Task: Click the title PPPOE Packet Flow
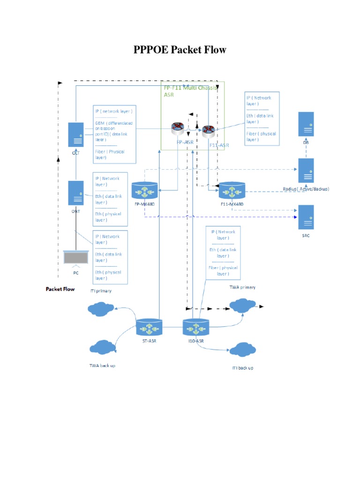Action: coord(180,49)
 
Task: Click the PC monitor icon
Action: coord(75,258)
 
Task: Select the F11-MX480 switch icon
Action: coord(231,191)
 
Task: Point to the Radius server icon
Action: coord(305,171)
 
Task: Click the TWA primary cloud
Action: coord(242,306)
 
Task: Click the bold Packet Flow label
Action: coord(60,289)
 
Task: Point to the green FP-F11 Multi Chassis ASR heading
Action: coord(190,90)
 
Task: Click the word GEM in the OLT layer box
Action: coord(100,123)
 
